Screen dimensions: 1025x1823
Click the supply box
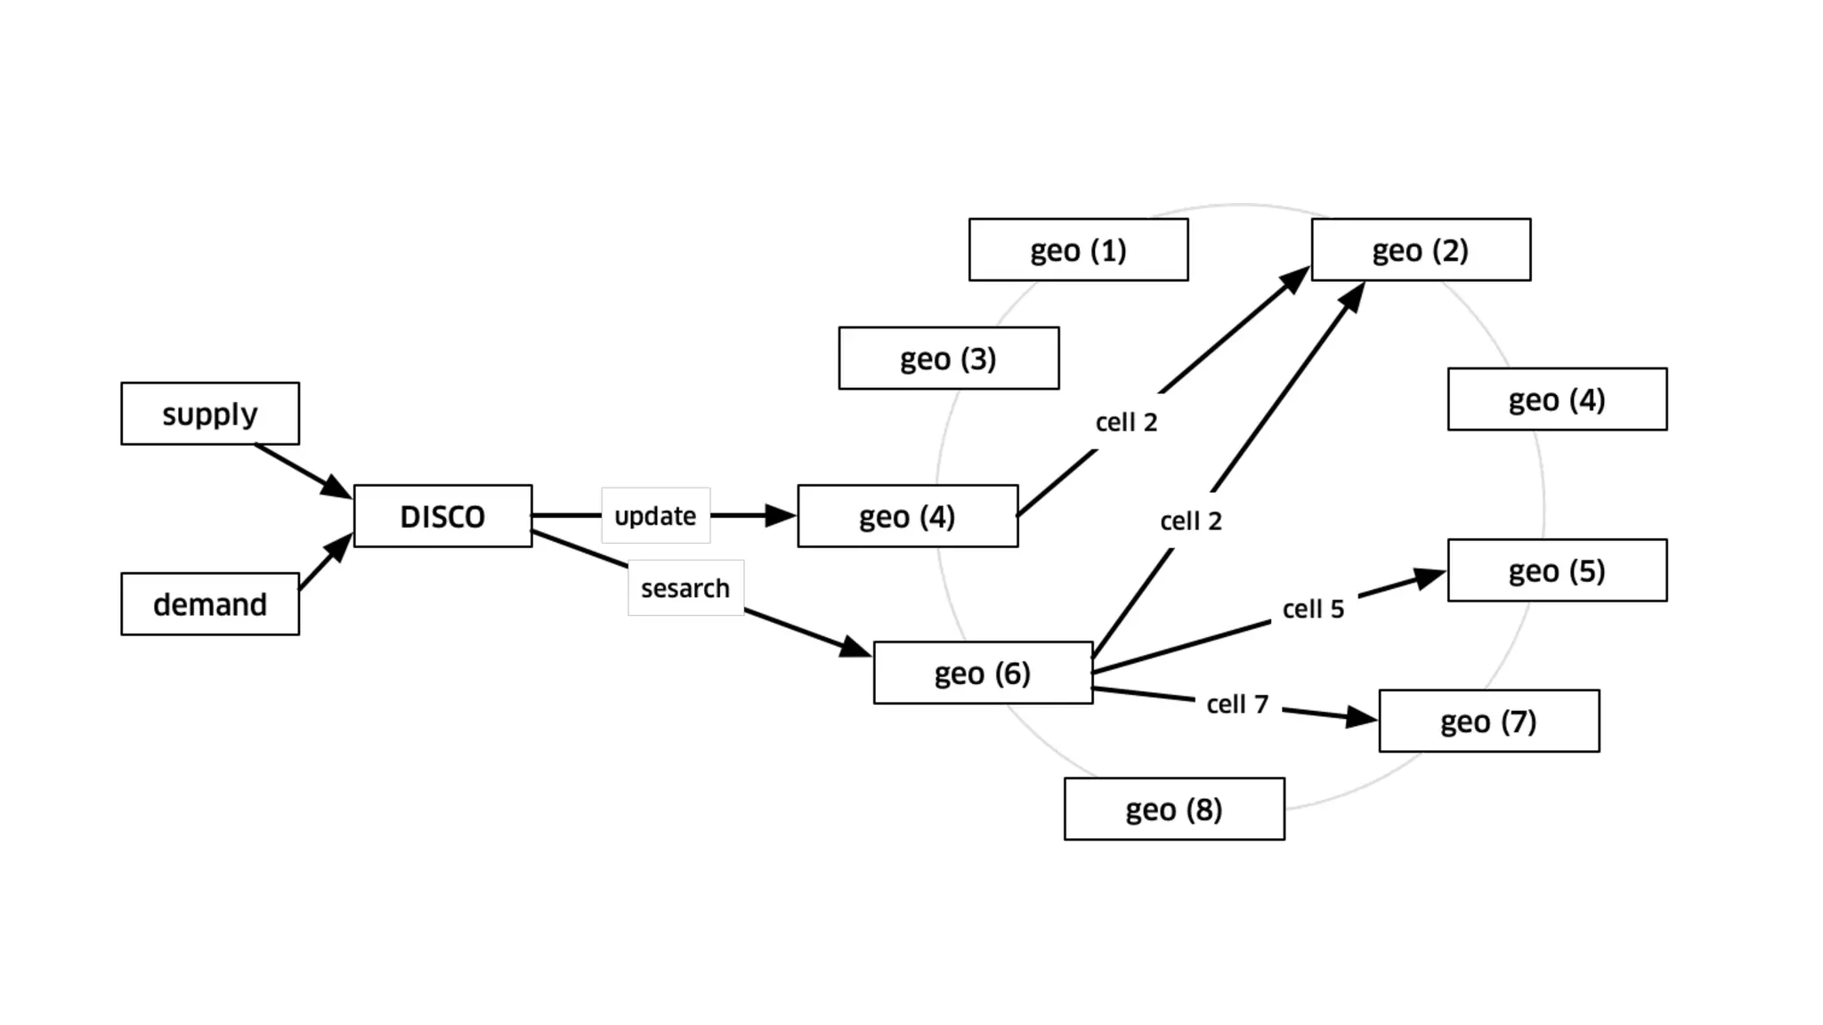(x=210, y=414)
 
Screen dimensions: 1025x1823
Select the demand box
(x=210, y=604)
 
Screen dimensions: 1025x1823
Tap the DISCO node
(x=442, y=516)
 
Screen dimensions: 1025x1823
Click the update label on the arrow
(x=655, y=516)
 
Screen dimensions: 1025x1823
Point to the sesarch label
(x=685, y=588)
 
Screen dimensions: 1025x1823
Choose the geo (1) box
(x=1078, y=250)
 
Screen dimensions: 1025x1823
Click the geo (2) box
(x=1421, y=250)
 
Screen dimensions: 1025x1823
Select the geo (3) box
(x=948, y=359)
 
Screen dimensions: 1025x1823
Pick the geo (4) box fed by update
(x=907, y=516)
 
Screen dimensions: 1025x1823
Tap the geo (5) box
(x=1557, y=570)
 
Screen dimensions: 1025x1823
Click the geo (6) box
(x=983, y=673)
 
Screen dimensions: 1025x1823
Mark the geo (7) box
(x=1488, y=721)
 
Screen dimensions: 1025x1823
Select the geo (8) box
(x=1174, y=809)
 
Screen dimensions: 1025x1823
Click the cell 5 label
(x=1313, y=609)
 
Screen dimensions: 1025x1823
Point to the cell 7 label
(x=1237, y=705)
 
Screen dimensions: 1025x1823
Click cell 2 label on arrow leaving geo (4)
(x=1126, y=422)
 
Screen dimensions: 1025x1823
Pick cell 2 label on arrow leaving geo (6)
(x=1191, y=521)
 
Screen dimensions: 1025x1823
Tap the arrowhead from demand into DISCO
(x=339, y=546)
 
